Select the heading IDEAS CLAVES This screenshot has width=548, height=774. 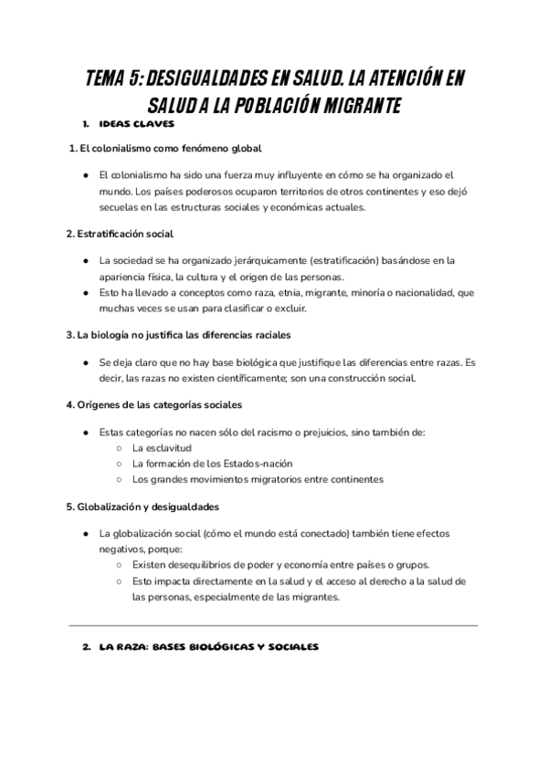pos(135,124)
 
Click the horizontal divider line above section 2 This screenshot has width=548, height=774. pos(274,625)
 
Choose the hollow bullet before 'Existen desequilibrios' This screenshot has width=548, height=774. pos(119,564)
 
